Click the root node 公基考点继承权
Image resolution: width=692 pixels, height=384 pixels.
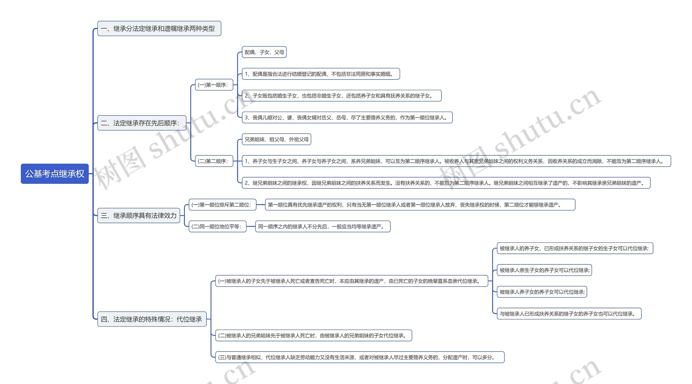(x=55, y=174)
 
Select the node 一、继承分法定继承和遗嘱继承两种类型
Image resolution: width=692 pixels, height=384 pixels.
(x=159, y=28)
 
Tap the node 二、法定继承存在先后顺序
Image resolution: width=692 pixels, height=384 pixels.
(x=142, y=123)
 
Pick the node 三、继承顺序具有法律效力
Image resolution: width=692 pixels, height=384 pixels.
(x=138, y=215)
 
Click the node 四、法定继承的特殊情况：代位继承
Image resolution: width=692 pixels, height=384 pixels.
(x=152, y=319)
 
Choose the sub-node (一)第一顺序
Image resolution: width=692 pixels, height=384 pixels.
(x=214, y=85)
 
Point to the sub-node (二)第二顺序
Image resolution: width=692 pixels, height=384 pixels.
(x=214, y=161)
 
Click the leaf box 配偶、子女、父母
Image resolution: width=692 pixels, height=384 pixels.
(x=264, y=52)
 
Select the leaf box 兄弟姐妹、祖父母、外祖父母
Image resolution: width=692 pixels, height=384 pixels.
(x=276, y=139)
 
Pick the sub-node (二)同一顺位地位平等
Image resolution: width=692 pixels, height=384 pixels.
(x=217, y=227)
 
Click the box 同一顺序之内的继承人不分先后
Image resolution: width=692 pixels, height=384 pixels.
(x=322, y=227)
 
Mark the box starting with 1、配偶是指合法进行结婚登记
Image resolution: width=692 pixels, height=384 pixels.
(x=321, y=74)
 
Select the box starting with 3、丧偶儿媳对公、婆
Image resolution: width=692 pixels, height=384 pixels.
(x=347, y=118)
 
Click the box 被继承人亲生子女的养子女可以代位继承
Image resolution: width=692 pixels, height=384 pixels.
(x=544, y=270)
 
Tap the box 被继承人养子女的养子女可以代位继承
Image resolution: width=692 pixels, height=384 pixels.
(x=542, y=292)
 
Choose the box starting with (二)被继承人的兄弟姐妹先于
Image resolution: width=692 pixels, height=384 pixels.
(x=313, y=336)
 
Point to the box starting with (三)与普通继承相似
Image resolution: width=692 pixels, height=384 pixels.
(x=360, y=357)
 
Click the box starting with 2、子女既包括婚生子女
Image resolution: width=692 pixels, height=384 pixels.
(x=341, y=96)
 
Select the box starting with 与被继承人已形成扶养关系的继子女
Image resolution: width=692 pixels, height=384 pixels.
(x=569, y=314)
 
